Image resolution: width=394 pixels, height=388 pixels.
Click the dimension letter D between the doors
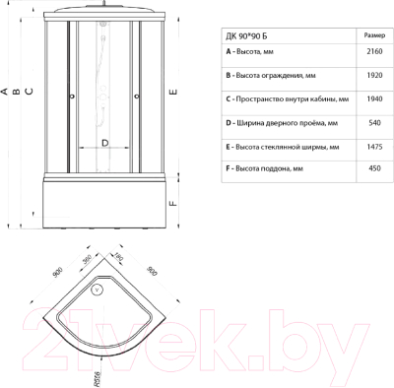(x=104, y=142)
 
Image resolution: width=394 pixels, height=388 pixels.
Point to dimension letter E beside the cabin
(x=172, y=92)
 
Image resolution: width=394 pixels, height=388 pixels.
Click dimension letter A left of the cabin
(x=5, y=92)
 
